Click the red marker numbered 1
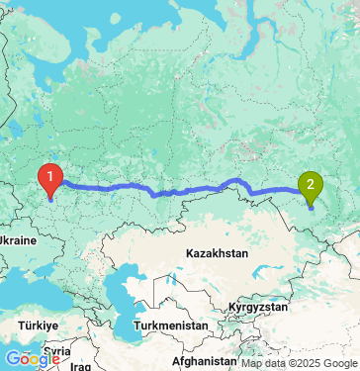pos(48,180)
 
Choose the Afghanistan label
pos(207,362)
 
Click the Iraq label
pos(81,366)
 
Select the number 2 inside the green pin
pos(311,181)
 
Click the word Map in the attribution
pos(251,364)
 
